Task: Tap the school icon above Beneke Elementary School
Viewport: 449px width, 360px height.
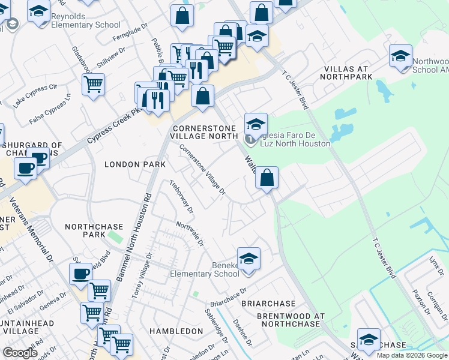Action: click(249, 259)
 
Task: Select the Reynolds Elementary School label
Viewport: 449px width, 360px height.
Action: click(85, 20)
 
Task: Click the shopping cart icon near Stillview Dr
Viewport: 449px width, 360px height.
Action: click(94, 85)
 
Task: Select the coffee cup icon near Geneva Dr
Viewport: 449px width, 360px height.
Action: click(80, 274)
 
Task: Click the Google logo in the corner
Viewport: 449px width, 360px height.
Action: click(20, 353)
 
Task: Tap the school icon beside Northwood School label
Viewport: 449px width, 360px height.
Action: click(400, 56)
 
